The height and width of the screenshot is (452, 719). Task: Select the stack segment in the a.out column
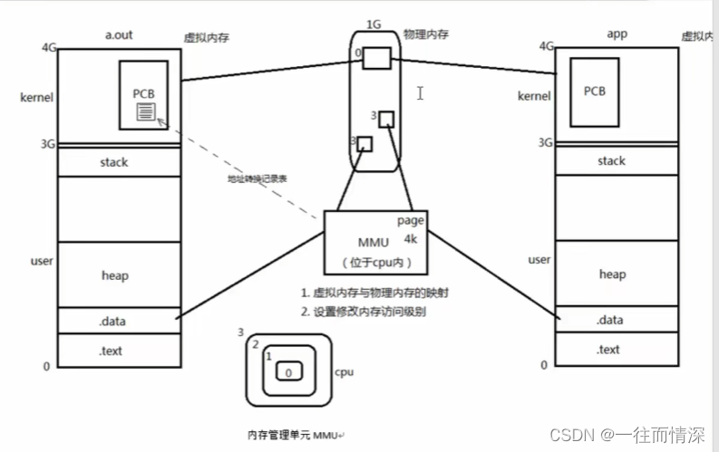pyautogui.click(x=113, y=162)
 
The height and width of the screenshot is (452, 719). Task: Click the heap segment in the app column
pyautogui.click(x=612, y=274)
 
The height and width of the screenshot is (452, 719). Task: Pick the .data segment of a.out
pyautogui.click(x=113, y=320)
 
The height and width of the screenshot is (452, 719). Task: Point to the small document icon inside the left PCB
pyautogui.click(x=145, y=111)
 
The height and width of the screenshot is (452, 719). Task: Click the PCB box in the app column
pyautogui.click(x=594, y=91)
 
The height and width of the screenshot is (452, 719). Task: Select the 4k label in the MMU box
pyautogui.click(x=412, y=240)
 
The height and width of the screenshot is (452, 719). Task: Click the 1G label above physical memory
pyautogui.click(x=373, y=23)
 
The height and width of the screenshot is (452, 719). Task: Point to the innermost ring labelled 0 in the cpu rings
pyautogui.click(x=288, y=373)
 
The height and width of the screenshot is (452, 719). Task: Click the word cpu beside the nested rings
pyautogui.click(x=344, y=371)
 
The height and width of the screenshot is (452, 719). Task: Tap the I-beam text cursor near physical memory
pyautogui.click(x=420, y=92)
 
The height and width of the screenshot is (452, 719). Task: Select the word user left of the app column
pyautogui.click(x=539, y=260)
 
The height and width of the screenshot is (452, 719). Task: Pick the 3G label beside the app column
pyautogui.click(x=545, y=142)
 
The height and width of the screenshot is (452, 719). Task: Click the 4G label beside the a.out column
pyautogui.click(x=48, y=47)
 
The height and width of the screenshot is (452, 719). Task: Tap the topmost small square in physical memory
pyautogui.click(x=377, y=57)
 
